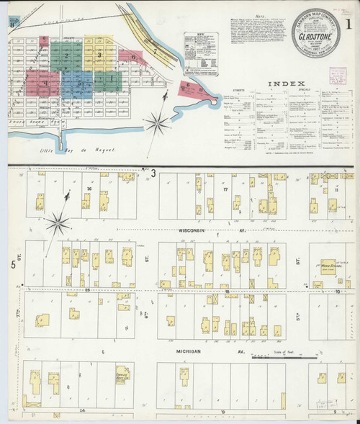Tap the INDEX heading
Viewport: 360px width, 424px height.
(x=286, y=84)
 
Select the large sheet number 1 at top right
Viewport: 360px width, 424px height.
(x=348, y=21)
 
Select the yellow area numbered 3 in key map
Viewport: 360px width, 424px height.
(x=99, y=54)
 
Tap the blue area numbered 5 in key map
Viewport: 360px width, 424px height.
(x=79, y=84)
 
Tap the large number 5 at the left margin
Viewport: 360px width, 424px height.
(x=13, y=266)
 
